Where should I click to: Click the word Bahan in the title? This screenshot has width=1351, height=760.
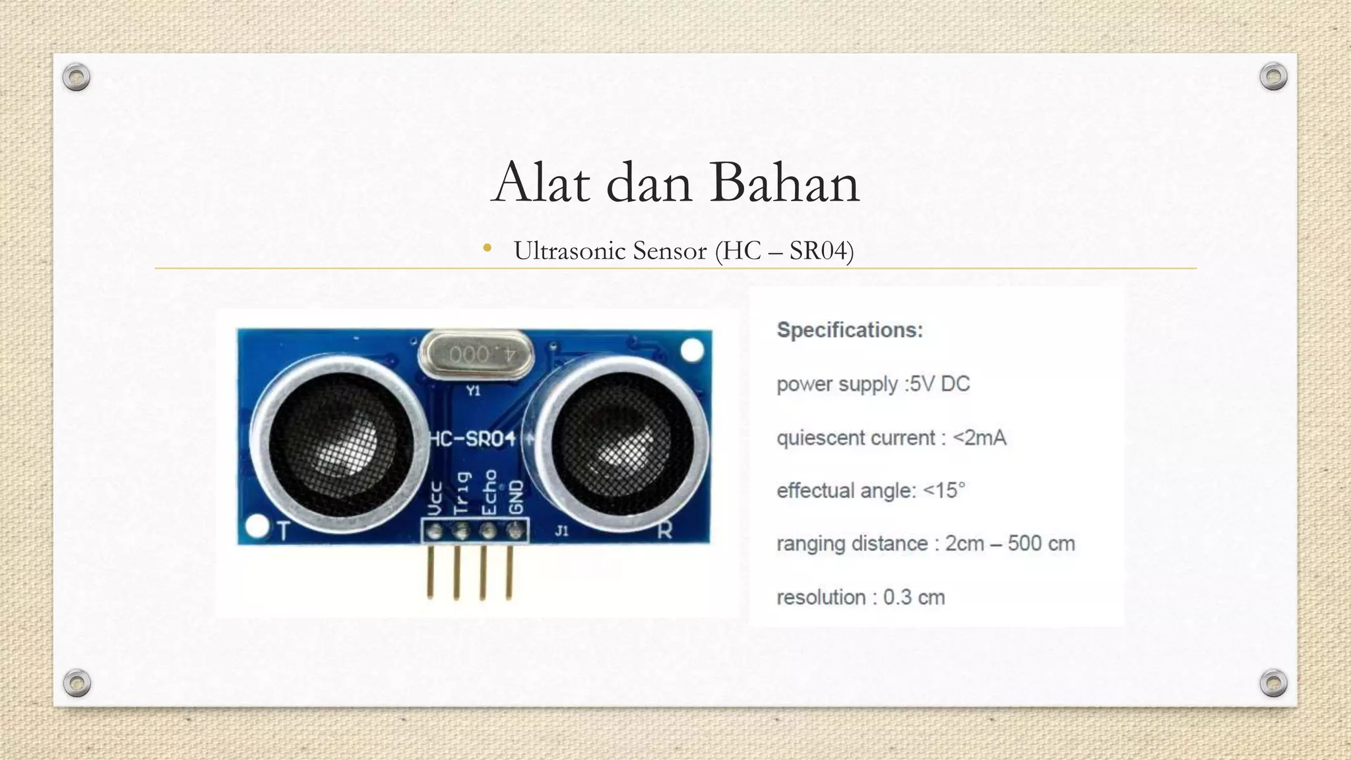click(x=784, y=183)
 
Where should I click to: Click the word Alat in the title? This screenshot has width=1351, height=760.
click(x=541, y=183)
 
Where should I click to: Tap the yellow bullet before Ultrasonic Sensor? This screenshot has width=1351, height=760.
click(x=487, y=249)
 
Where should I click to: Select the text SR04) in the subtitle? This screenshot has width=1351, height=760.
click(x=821, y=251)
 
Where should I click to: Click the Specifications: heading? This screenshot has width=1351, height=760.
click(x=850, y=330)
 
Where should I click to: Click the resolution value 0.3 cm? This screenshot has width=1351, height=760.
click(x=914, y=598)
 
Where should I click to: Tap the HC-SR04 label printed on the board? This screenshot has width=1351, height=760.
click(x=472, y=439)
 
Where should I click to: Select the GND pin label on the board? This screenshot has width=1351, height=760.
click(x=517, y=497)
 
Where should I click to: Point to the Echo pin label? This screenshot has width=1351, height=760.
click(x=489, y=492)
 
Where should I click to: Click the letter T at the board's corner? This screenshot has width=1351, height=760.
click(x=284, y=531)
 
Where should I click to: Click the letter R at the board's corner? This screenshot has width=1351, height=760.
click(x=665, y=530)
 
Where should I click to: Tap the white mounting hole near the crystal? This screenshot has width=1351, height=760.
click(x=692, y=350)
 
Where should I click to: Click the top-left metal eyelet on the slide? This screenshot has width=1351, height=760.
click(x=77, y=77)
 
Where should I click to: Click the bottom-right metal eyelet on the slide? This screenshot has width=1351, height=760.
click(x=1273, y=683)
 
